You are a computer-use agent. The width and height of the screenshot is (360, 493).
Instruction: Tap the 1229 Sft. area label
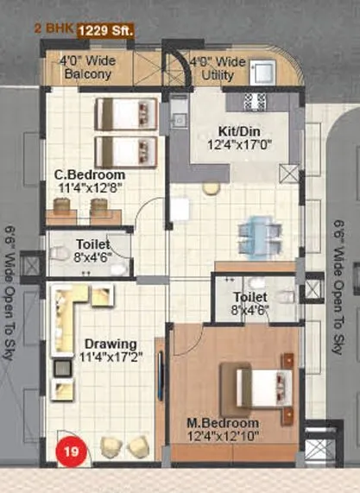tap(106, 32)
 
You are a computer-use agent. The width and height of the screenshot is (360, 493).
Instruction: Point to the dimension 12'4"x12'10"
tap(224, 439)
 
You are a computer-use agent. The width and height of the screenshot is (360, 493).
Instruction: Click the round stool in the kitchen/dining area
tap(210, 187)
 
